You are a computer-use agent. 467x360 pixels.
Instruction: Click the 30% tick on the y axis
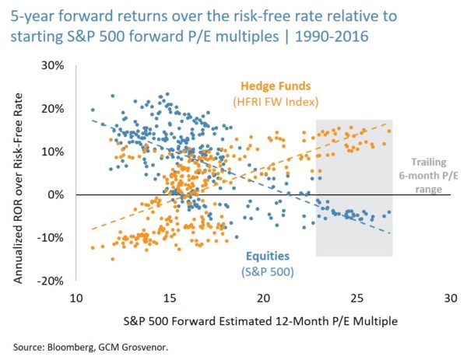tap(51, 65)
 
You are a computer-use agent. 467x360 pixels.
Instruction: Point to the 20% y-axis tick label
tap(51, 108)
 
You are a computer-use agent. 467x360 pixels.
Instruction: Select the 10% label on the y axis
tap(51, 151)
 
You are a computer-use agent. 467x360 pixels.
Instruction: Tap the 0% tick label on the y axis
tap(54, 194)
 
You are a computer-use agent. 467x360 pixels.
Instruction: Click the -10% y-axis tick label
tap(50, 237)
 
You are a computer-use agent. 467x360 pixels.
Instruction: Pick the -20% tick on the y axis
tap(50, 280)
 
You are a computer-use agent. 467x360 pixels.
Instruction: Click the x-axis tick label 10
tap(77, 299)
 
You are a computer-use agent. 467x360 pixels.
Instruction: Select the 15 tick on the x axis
tap(170, 299)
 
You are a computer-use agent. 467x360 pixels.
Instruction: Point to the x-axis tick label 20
tap(264, 299)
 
